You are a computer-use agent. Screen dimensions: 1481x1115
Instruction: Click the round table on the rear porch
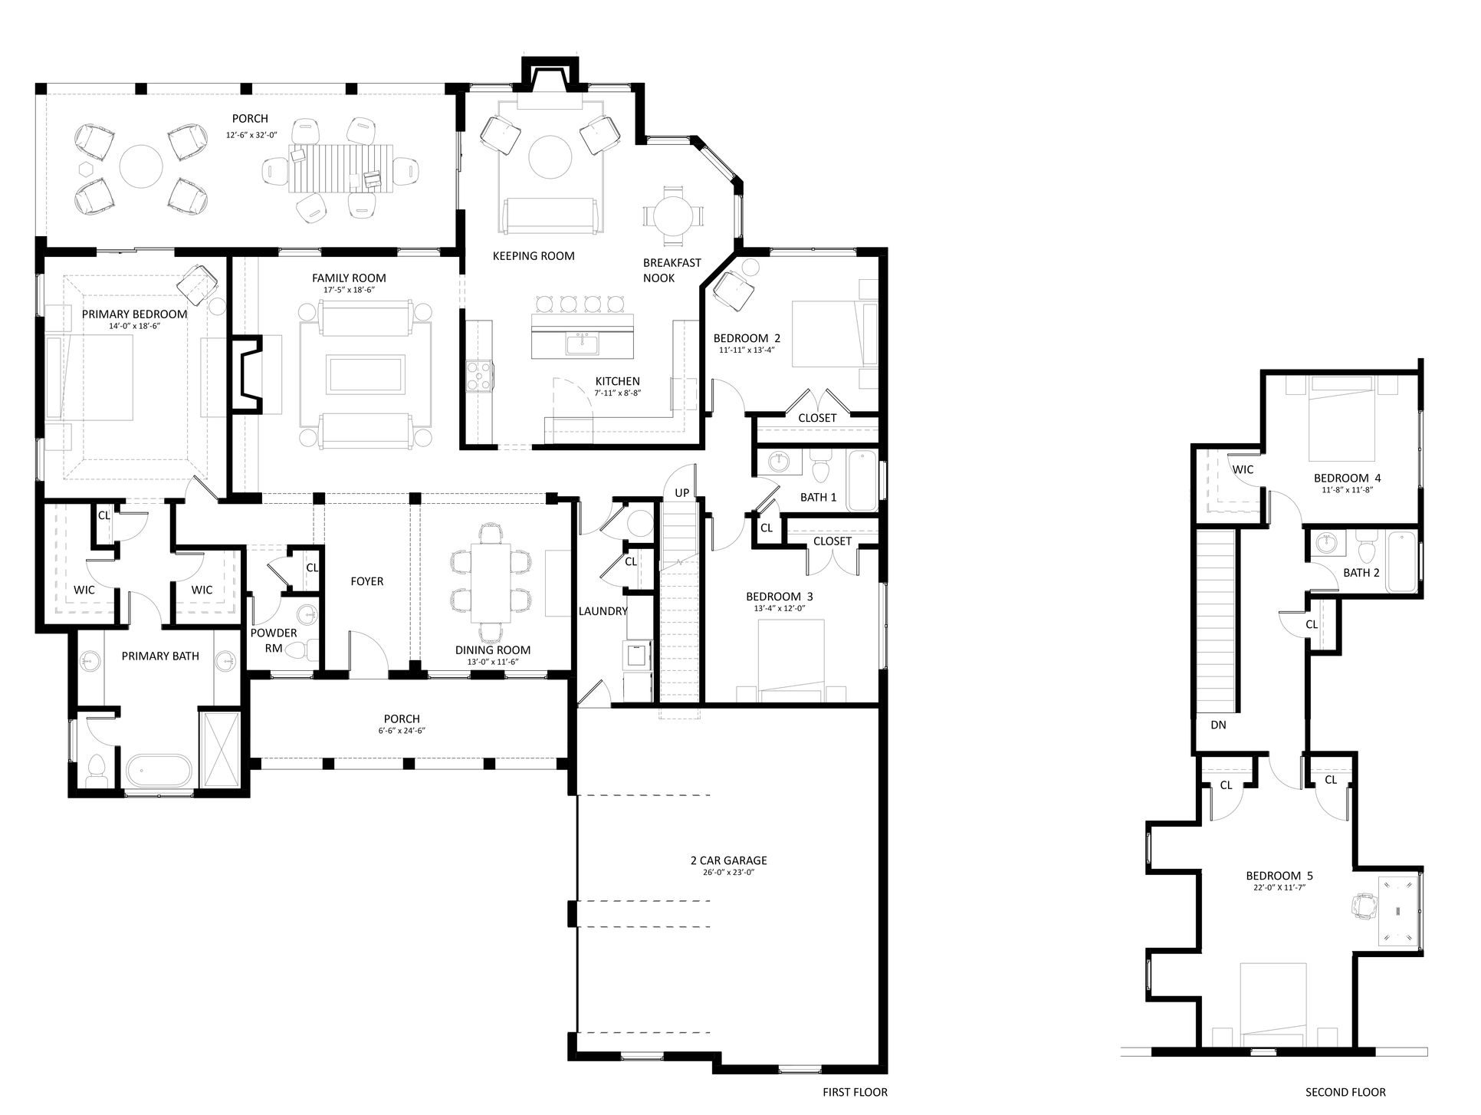tap(142, 167)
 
